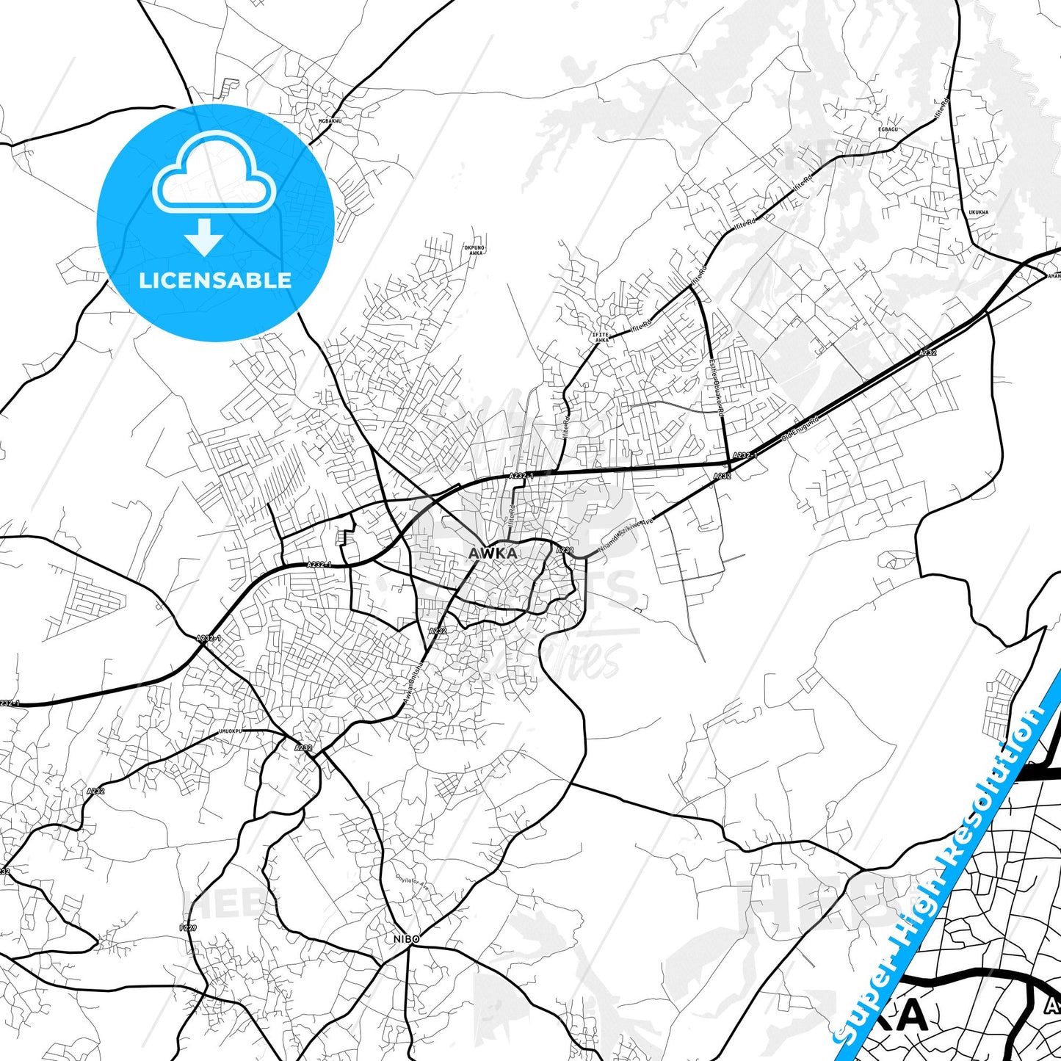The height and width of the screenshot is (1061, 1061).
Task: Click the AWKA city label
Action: coord(493,554)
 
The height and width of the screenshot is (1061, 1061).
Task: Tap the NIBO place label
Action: coord(406,939)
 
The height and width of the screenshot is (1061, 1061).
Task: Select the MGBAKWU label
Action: coord(330,120)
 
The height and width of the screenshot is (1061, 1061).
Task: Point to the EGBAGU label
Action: coord(888,129)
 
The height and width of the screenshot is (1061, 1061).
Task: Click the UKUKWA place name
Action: coord(978,212)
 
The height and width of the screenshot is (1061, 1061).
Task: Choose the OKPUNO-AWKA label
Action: coord(475,250)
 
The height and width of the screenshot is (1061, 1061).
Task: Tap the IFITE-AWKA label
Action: coord(601,337)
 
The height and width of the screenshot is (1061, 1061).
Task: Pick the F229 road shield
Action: coord(188,928)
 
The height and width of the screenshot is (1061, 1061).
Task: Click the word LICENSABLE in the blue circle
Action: coord(215,280)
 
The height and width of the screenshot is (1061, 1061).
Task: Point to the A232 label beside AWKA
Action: coord(564,550)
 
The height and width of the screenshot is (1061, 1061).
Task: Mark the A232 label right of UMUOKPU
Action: coord(303,747)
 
